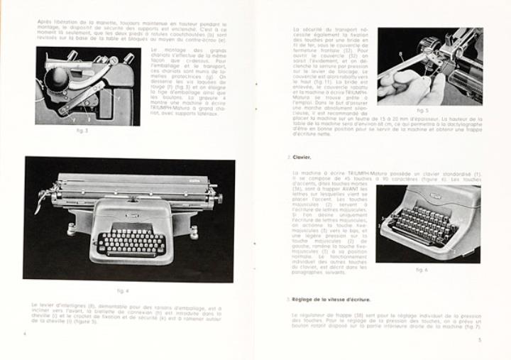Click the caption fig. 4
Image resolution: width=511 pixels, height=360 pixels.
(x=123, y=290)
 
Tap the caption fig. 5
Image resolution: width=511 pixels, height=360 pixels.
(x=422, y=110)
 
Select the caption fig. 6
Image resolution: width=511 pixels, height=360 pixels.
(x=422, y=270)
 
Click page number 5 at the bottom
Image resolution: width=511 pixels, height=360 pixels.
(x=480, y=340)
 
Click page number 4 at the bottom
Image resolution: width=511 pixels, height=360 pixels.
(x=25, y=333)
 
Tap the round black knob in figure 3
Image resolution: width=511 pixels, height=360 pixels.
(x=58, y=77)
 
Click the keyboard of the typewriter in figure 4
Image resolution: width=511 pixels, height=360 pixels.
(x=132, y=243)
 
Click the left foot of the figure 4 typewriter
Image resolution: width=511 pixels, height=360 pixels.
(x=72, y=229)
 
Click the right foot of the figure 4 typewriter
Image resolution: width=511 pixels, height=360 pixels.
(x=193, y=231)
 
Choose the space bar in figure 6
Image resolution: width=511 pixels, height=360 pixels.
(x=419, y=244)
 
